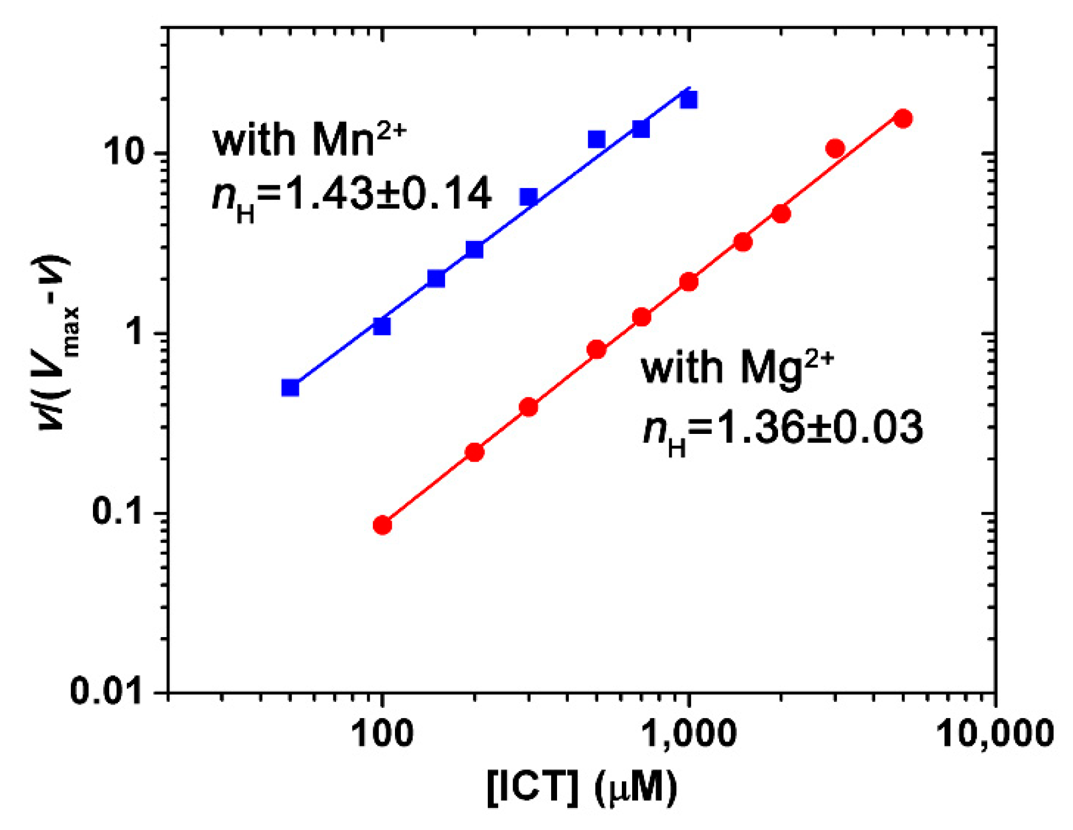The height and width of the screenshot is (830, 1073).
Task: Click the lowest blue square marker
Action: [x=291, y=388]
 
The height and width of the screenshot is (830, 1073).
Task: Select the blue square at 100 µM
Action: [x=381, y=326]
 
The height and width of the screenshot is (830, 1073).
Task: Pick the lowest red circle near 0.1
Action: [x=382, y=525]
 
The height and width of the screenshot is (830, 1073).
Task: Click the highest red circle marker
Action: [x=903, y=118]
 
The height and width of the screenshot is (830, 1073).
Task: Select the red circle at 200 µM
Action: [x=474, y=452]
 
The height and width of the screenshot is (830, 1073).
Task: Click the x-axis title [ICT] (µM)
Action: [x=582, y=787]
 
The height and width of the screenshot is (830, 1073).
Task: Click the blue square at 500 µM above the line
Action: [x=596, y=139]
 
